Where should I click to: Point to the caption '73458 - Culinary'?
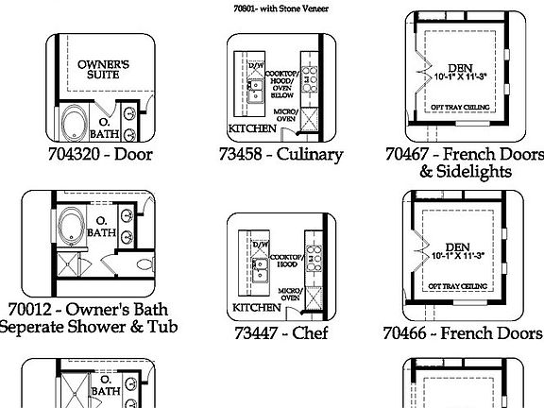pyautogui.click(x=280, y=153)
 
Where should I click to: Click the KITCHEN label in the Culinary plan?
pyautogui.click(x=253, y=128)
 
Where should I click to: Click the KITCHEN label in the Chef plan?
pyautogui.click(x=256, y=308)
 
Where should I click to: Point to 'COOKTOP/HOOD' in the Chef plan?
pyautogui.click(x=286, y=262)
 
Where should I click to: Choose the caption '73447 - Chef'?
pyautogui.click(x=280, y=332)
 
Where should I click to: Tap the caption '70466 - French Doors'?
pyautogui.click(x=463, y=332)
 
